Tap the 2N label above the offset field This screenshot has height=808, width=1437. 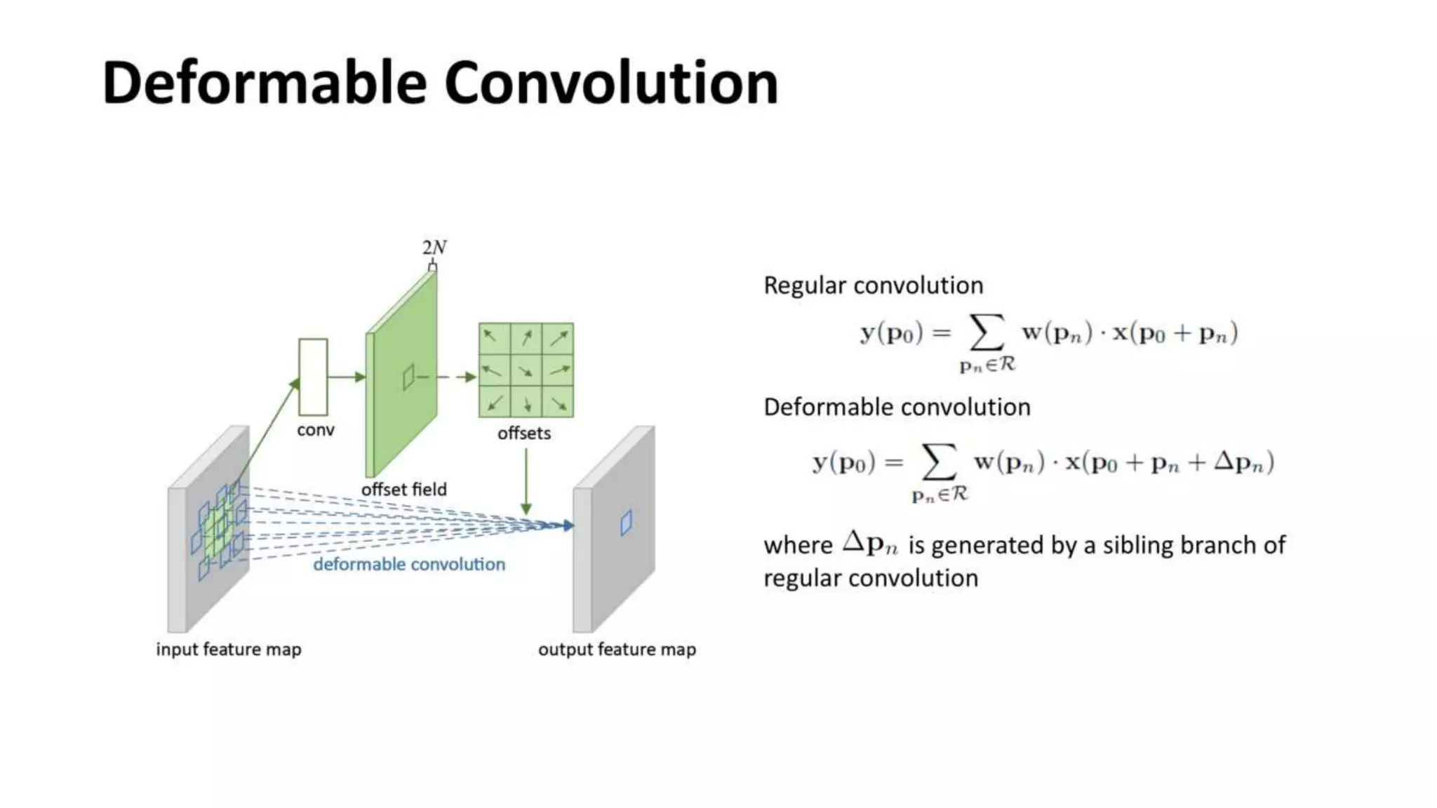point(434,248)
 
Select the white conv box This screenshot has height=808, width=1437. point(313,377)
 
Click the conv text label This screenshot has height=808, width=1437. point(315,430)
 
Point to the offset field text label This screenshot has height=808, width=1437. point(403,489)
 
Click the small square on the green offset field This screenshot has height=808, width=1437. point(408,378)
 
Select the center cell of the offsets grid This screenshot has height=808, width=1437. point(526,370)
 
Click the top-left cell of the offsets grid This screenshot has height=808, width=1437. point(494,338)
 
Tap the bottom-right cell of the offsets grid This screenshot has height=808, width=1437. point(559,403)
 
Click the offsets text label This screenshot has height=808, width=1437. point(524,433)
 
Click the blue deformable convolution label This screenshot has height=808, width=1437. point(409,564)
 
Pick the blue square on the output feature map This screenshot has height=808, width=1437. point(626,523)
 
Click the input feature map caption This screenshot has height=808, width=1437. point(229,649)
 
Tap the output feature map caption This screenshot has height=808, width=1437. point(617,649)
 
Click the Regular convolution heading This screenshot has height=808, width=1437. point(873,285)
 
